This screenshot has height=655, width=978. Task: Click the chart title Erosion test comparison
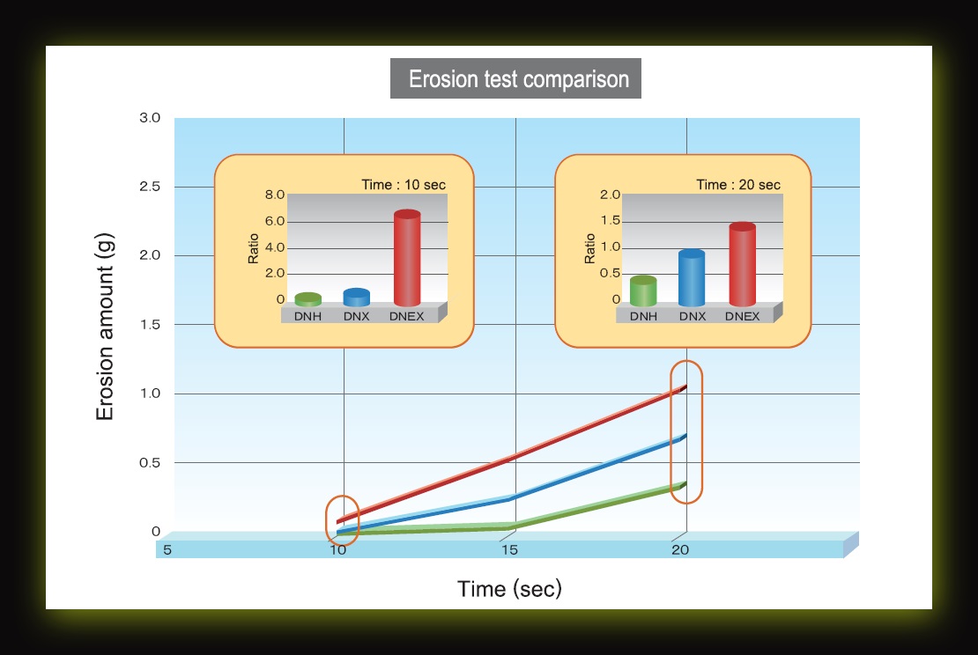click(x=518, y=79)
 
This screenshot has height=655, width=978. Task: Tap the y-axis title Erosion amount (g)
click(x=105, y=327)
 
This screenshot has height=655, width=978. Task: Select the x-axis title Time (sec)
click(x=509, y=588)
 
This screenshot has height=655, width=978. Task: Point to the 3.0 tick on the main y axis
click(x=150, y=118)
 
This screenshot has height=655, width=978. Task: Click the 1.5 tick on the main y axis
click(x=150, y=324)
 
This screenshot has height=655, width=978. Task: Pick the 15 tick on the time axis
click(x=509, y=549)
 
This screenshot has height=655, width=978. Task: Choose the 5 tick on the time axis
click(x=167, y=549)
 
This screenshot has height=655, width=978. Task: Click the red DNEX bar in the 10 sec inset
click(x=407, y=258)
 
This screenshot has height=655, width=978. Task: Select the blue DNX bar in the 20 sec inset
click(x=692, y=278)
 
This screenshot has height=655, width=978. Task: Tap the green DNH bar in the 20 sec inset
click(x=643, y=291)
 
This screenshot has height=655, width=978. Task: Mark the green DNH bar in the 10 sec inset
click(x=308, y=299)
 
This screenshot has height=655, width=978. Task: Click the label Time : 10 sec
click(x=404, y=185)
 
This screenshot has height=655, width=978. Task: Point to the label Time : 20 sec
click(x=738, y=185)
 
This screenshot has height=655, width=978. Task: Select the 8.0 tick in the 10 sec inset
click(x=274, y=195)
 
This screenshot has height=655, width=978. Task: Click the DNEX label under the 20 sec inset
click(x=742, y=316)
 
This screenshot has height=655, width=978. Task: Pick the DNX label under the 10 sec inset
click(x=357, y=316)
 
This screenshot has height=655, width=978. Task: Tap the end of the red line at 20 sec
click(x=686, y=386)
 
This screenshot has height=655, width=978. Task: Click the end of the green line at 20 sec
click(x=685, y=483)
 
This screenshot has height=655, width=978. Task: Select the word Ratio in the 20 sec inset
click(x=589, y=248)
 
